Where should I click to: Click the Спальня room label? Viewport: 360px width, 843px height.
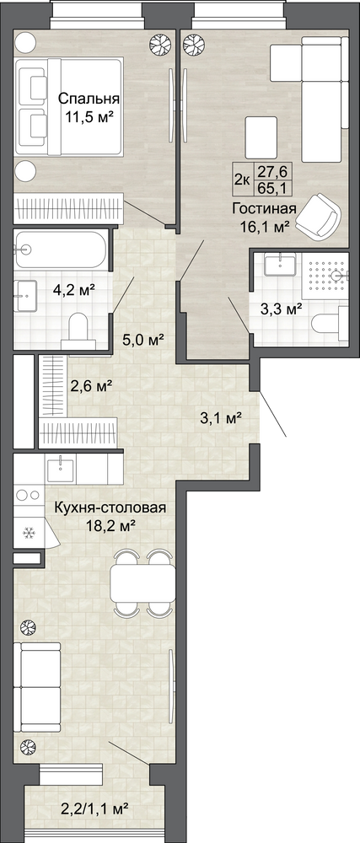[89, 99]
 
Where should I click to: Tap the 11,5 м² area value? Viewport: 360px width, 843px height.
[89, 116]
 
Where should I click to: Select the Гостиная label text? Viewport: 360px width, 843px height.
[265, 208]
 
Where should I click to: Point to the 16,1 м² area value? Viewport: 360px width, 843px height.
[266, 226]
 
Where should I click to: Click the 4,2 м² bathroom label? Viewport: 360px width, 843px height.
[74, 290]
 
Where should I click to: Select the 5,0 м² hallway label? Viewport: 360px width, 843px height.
[142, 340]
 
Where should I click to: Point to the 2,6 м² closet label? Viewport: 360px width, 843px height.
[91, 385]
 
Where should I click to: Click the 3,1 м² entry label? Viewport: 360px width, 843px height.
[220, 417]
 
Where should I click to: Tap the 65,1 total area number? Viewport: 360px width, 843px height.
[266, 189]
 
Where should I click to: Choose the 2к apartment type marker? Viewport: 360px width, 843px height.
[242, 180]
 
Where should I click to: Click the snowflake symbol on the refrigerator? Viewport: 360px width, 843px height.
[28, 533]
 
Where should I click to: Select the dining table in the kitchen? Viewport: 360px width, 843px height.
[142, 582]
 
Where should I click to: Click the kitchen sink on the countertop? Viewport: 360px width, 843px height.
[62, 469]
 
